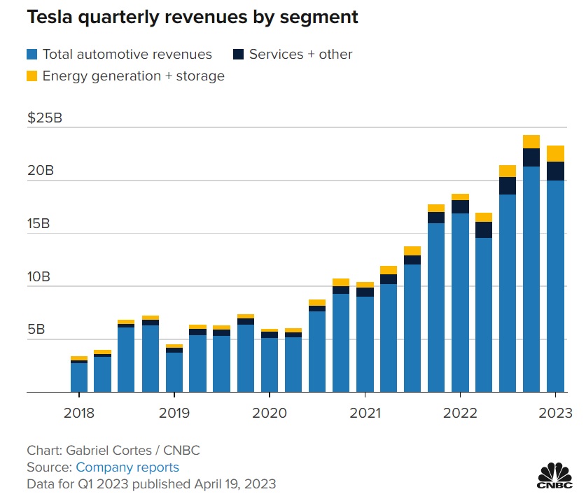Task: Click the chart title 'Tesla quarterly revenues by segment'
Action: [x=193, y=17]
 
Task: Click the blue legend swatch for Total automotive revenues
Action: [x=32, y=54]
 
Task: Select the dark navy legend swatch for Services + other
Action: [x=238, y=54]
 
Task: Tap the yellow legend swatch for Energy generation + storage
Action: [x=32, y=76]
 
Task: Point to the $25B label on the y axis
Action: [x=45, y=118]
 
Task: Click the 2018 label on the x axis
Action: [x=79, y=413]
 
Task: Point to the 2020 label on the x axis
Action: [x=270, y=413]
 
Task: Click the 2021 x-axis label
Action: [x=365, y=413]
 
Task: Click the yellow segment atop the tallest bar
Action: [x=531, y=141]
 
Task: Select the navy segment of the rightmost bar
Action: [x=555, y=171]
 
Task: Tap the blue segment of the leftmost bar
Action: [x=79, y=377]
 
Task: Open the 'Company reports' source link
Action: [x=127, y=467]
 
